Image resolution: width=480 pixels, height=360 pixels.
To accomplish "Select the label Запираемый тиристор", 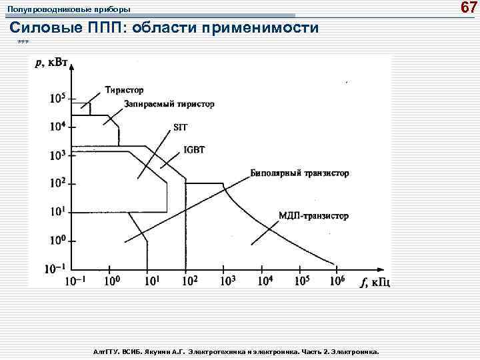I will (x=160, y=105).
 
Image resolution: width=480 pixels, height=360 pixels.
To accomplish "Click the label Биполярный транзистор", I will (x=299, y=173).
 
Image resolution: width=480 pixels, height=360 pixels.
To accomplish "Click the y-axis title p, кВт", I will (x=53, y=64).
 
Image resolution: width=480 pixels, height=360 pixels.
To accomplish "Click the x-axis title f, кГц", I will (x=375, y=282).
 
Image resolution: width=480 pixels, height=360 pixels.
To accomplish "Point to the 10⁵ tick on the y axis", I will (x=58, y=98).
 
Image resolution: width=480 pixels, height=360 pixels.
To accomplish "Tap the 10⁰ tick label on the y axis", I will (x=58, y=239).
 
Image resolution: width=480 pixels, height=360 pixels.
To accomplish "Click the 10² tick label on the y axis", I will (x=58, y=183).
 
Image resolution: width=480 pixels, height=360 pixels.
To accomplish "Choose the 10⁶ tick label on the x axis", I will (x=337, y=281).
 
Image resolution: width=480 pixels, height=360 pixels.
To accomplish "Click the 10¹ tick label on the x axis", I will (x=152, y=281).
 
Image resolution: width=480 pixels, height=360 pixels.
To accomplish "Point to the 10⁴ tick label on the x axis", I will (x=265, y=281).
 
